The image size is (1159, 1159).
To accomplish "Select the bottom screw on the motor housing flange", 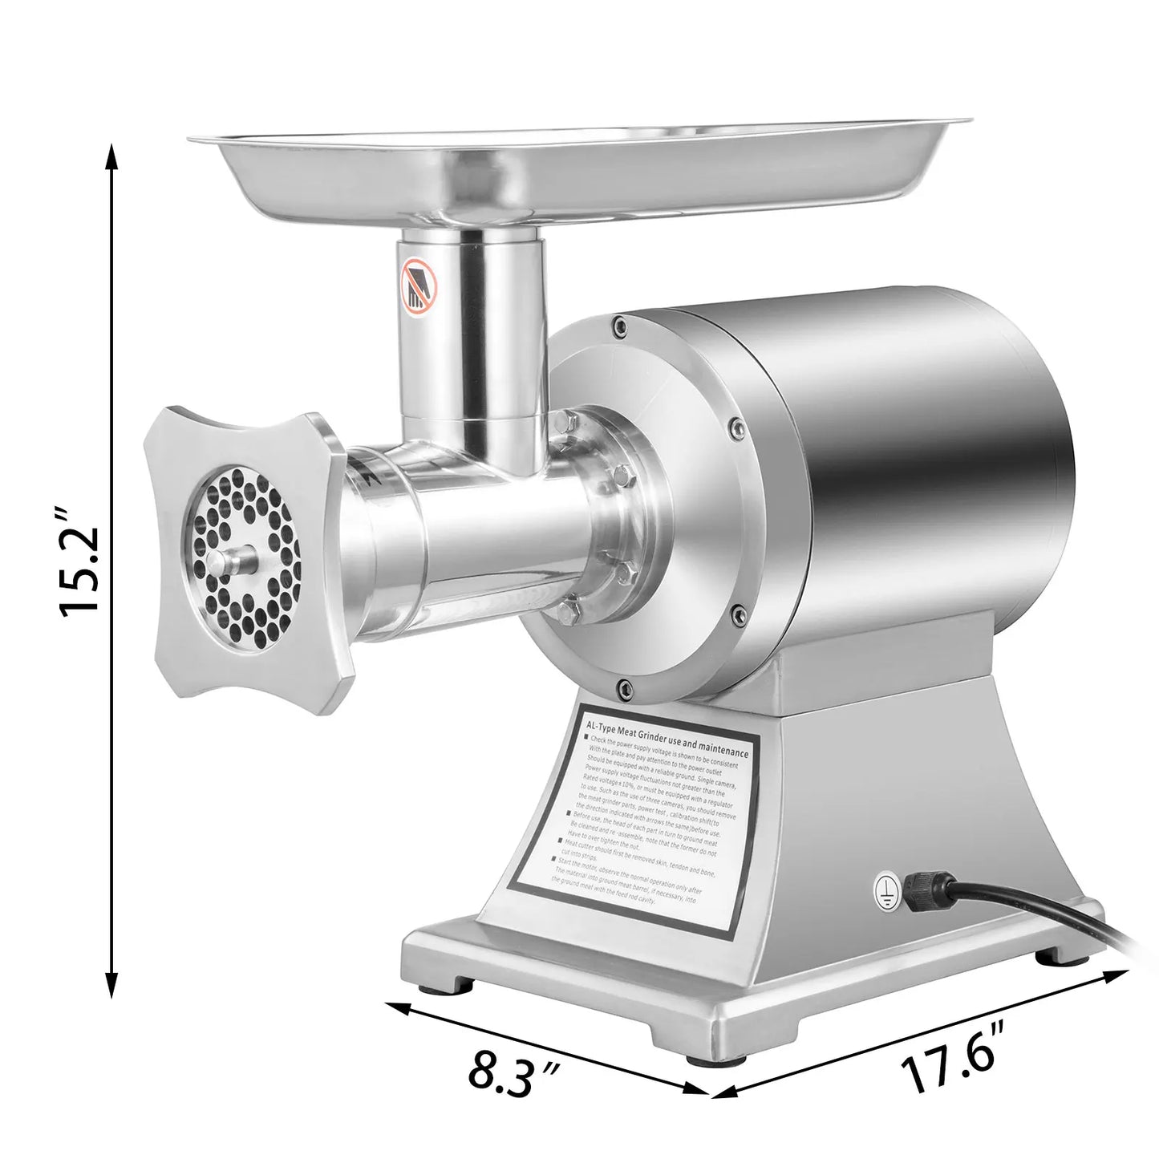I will (x=622, y=687).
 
